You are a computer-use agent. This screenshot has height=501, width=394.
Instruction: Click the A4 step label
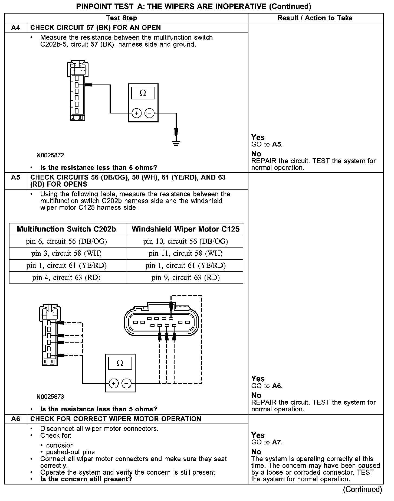(x=16, y=28)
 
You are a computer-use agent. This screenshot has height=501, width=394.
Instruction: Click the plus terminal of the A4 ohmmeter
(x=137, y=113)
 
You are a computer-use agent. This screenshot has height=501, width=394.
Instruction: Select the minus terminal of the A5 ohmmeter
(x=126, y=383)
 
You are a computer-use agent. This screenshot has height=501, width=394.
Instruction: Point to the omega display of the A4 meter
(x=143, y=93)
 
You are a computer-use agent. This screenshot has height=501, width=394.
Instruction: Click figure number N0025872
(x=50, y=155)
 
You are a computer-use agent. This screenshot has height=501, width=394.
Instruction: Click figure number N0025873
(x=50, y=397)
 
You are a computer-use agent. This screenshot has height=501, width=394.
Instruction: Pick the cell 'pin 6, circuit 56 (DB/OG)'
(x=67, y=241)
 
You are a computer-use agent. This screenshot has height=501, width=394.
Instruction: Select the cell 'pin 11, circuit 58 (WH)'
(x=185, y=253)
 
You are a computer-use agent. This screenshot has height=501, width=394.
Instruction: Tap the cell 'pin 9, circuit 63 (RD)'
(x=185, y=277)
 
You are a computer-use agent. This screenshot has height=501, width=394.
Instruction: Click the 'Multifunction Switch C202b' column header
(x=67, y=229)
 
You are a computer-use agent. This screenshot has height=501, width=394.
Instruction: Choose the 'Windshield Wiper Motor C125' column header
(x=185, y=229)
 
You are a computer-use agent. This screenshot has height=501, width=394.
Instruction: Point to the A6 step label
(x=16, y=419)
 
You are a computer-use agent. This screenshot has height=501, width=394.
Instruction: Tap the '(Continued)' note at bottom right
(x=362, y=489)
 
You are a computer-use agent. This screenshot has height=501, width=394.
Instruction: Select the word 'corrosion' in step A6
(x=60, y=445)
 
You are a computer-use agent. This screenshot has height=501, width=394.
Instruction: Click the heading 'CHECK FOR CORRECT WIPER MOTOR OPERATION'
(x=116, y=419)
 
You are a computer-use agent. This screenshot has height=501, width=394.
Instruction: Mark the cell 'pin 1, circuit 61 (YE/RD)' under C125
(x=185, y=265)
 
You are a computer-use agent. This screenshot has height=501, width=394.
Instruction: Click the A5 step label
(x=16, y=178)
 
